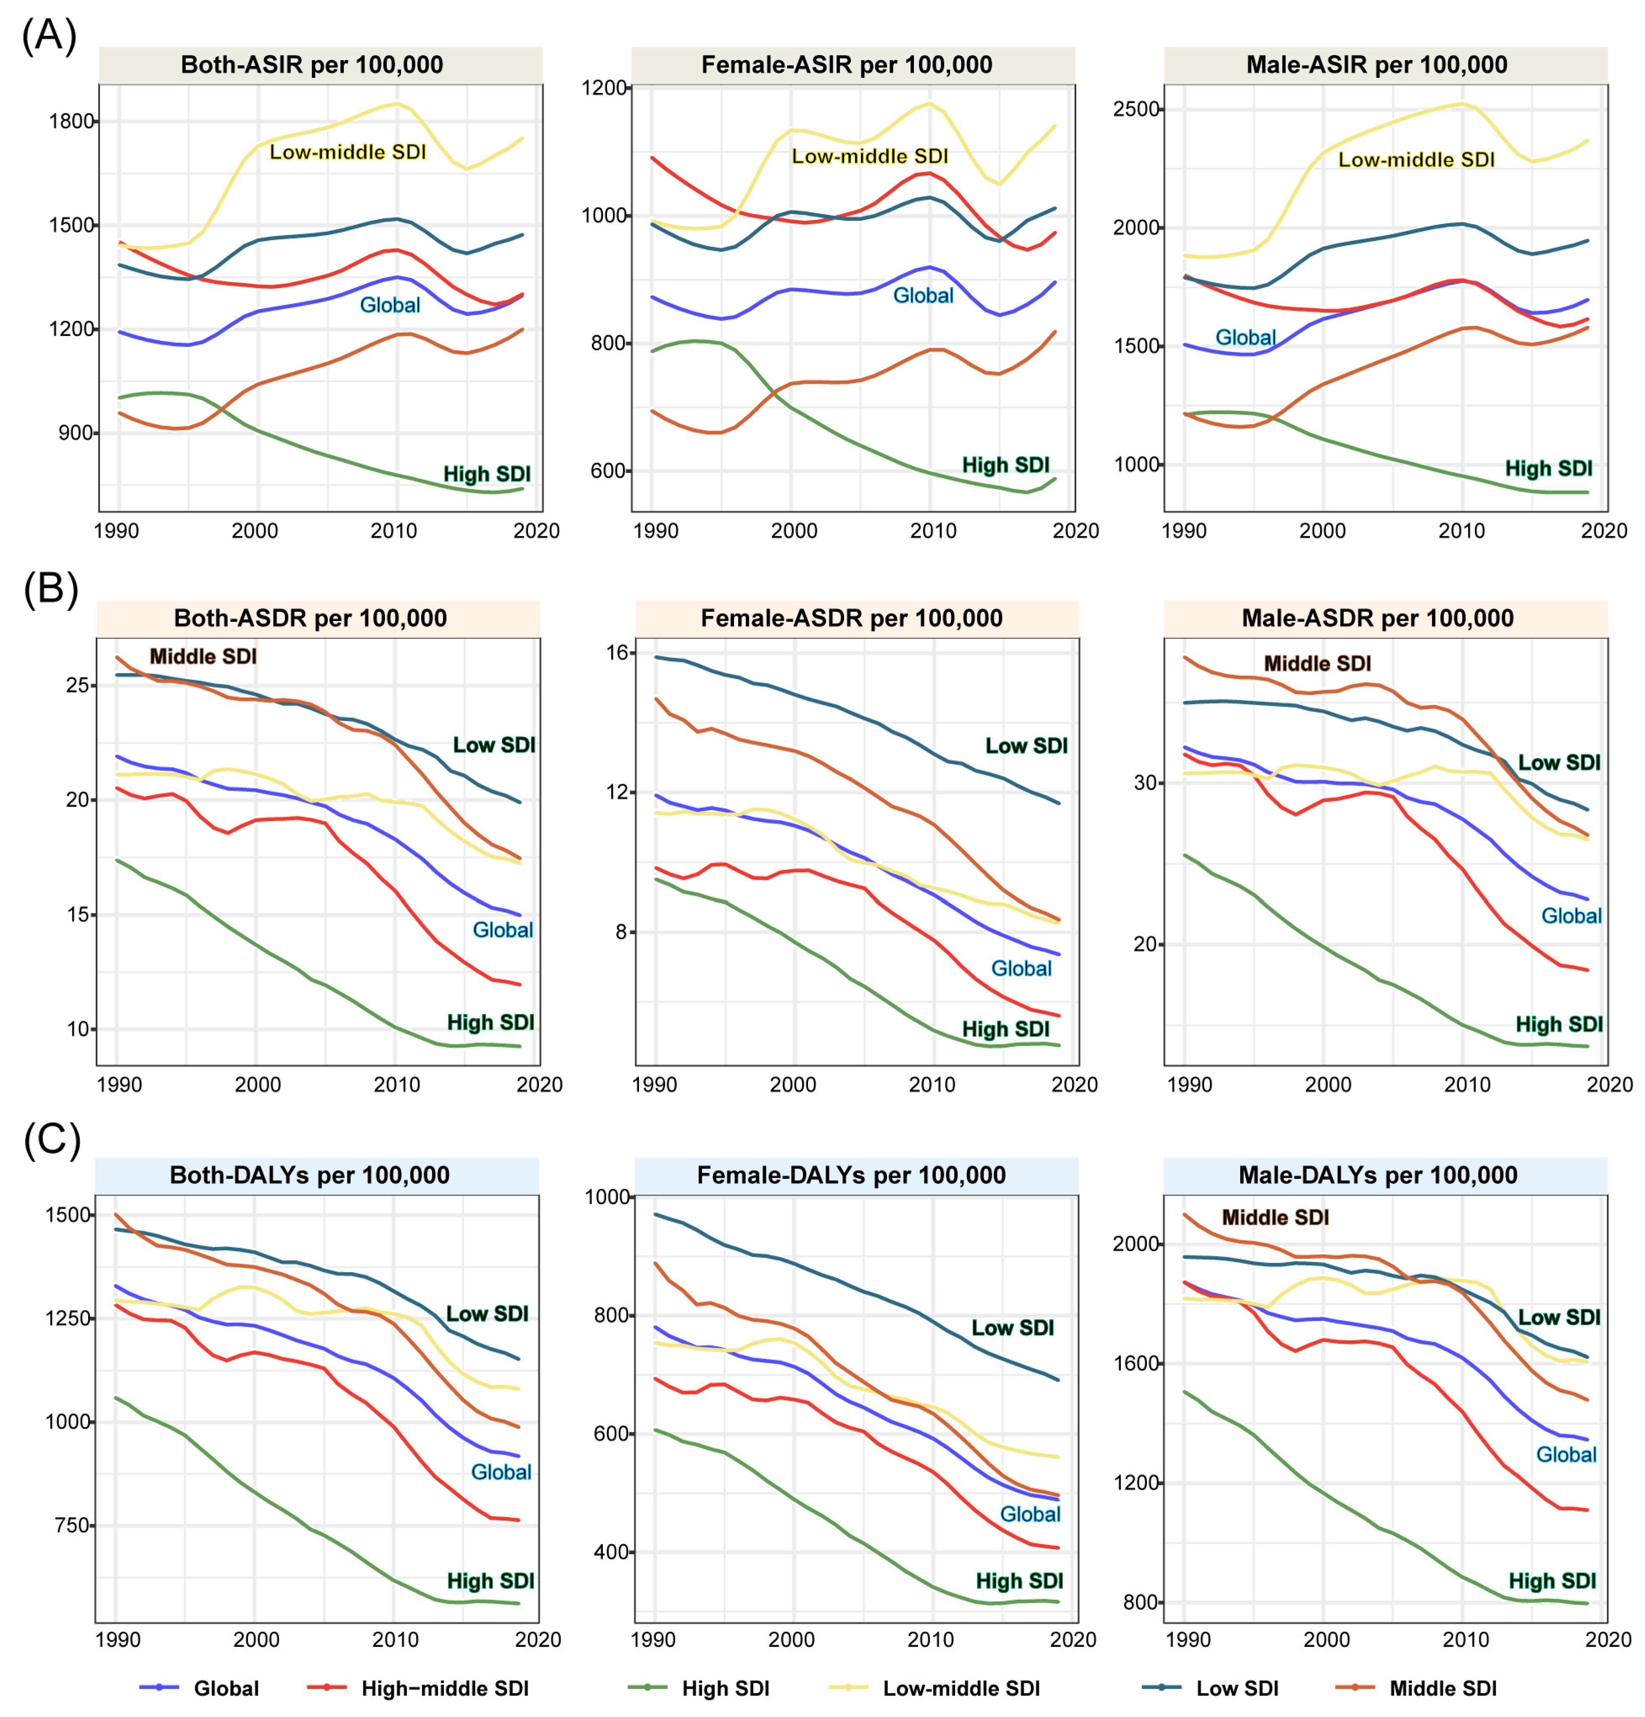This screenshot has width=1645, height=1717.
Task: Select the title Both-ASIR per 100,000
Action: click(312, 65)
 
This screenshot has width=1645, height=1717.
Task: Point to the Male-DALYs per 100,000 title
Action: click(1377, 1175)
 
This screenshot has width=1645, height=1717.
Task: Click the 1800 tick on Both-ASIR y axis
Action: click(72, 121)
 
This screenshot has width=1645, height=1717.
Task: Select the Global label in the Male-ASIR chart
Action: click(1245, 337)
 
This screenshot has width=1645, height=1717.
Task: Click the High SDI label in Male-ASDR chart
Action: click(1558, 1024)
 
